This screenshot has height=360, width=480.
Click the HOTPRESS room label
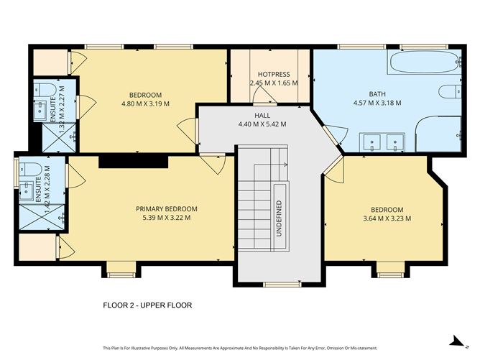272,75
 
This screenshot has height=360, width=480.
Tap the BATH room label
377,94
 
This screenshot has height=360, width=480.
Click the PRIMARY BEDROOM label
167,209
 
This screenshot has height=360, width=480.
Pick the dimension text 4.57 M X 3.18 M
377,103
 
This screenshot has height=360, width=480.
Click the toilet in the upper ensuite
45,90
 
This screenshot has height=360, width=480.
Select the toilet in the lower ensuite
30,170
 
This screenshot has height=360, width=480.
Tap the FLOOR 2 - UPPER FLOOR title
147,305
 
